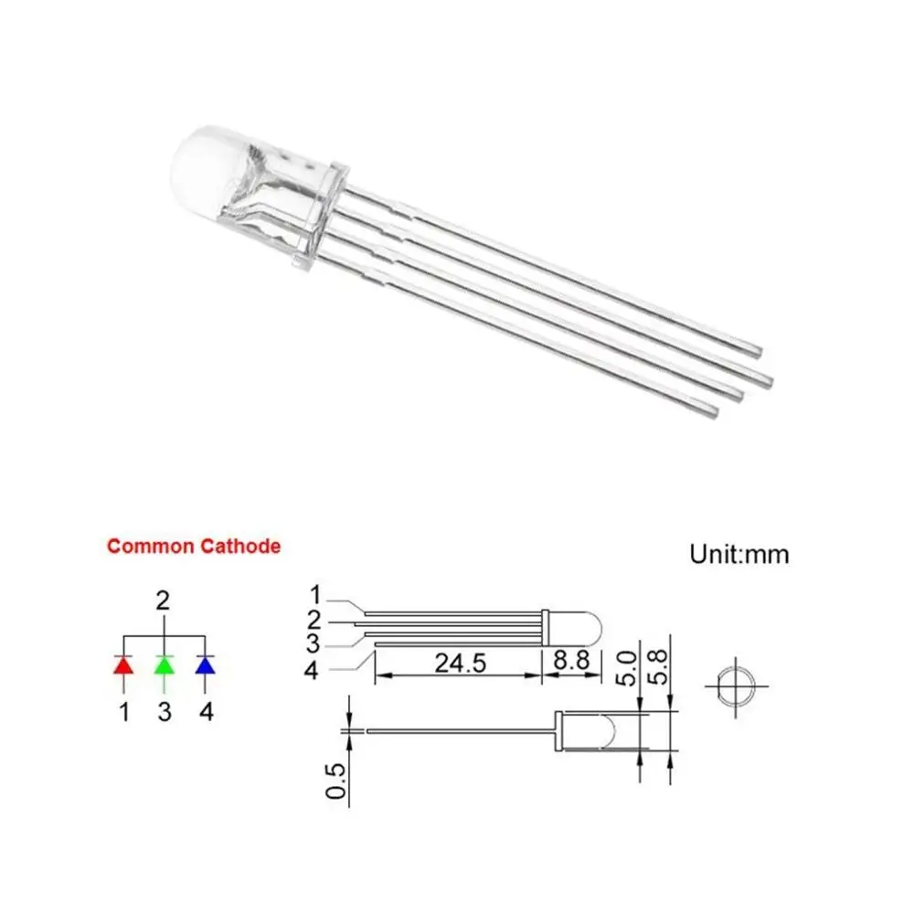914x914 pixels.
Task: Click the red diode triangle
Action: pyautogui.click(x=123, y=665)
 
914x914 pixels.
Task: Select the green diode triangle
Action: pyautogui.click(x=164, y=665)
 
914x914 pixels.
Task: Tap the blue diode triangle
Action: pyautogui.click(x=205, y=665)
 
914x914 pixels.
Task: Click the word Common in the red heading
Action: pyautogui.click(x=151, y=547)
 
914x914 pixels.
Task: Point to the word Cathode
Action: pyautogui.click(x=240, y=547)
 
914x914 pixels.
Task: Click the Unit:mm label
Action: pyautogui.click(x=739, y=555)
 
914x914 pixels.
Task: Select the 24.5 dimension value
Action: pyautogui.click(x=461, y=664)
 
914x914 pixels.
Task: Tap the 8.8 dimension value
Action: pyautogui.click(x=571, y=661)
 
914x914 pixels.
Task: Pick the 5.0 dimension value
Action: pyautogui.click(x=626, y=669)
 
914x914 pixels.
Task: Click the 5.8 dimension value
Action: pyautogui.click(x=657, y=667)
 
